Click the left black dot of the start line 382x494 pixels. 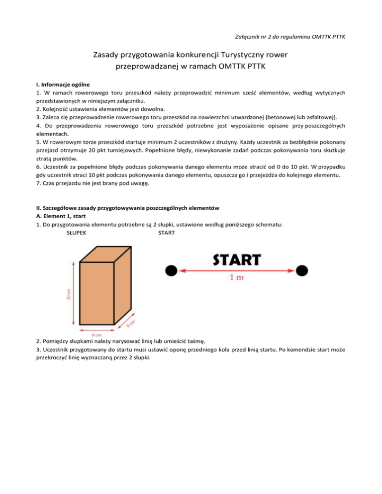[171, 270]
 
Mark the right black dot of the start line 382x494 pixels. [302, 270]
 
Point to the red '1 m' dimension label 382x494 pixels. [236, 278]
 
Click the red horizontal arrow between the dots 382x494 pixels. [236, 270]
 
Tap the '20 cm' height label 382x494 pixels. [69, 294]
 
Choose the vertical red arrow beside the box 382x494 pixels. [74, 294]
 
